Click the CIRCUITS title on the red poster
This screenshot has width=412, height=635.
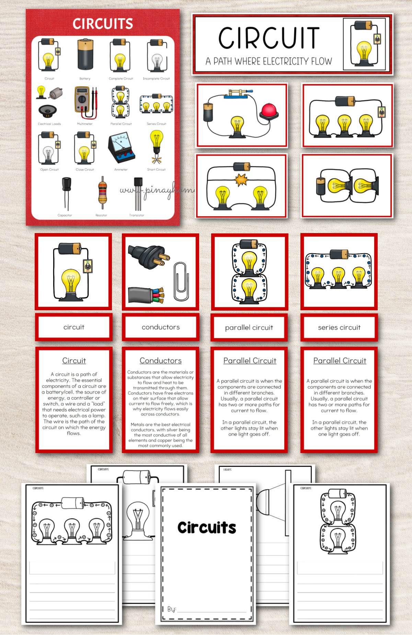(103, 24)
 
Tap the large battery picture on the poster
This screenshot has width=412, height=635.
(85, 55)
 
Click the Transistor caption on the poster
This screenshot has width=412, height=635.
(137, 215)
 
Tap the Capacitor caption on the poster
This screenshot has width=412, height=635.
(65, 215)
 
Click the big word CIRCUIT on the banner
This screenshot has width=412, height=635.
(268, 38)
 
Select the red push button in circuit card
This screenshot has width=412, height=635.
(268, 111)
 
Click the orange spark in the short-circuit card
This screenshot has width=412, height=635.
(241, 180)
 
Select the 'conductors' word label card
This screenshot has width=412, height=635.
(161, 327)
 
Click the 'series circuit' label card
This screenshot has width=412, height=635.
(339, 327)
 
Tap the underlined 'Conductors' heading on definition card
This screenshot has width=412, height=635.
(161, 360)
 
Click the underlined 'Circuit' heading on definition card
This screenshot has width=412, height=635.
(74, 360)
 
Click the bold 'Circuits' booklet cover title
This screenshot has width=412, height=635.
(207, 528)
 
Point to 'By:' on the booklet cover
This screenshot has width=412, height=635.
(171, 609)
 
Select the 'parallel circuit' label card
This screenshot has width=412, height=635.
(249, 327)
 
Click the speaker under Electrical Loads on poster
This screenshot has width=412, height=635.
(47, 111)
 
